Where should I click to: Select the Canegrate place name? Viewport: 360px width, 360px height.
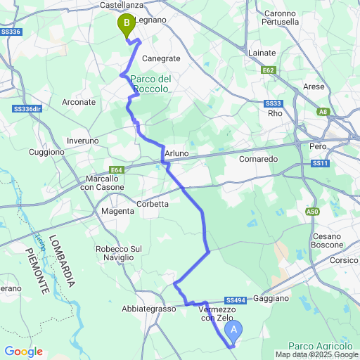point(161,58)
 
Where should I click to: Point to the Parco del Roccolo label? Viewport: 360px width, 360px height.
point(150,84)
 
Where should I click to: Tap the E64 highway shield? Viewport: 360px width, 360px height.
point(117,169)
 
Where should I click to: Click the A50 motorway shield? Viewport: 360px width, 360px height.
point(313,211)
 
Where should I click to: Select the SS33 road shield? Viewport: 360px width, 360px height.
point(274,103)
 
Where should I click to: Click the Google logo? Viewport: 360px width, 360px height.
point(23,352)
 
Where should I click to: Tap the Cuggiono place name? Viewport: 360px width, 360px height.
point(46,152)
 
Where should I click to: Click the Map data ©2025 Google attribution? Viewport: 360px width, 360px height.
point(316,354)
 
